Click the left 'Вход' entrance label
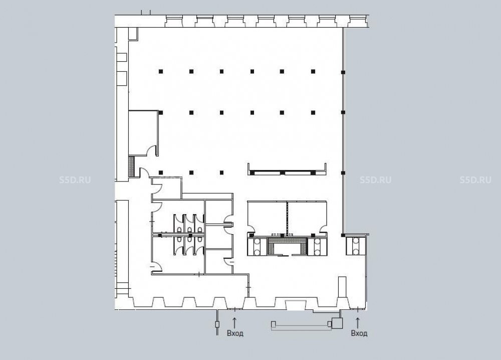235,333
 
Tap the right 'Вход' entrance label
359,333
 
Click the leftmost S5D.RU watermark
75,180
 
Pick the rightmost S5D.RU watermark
475,180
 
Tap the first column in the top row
161,71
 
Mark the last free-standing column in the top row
313,71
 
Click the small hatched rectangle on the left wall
131,166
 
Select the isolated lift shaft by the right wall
356,246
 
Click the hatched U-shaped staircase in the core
288,246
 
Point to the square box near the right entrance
337,323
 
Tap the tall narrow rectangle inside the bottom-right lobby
342,287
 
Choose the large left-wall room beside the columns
143,133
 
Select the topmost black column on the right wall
343,72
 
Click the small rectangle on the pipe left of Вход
217,324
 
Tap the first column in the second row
161,112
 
